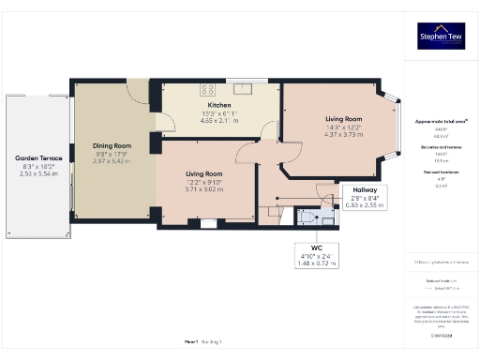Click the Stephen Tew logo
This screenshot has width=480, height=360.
pos(442,38)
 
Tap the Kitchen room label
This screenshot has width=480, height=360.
pos(218,106)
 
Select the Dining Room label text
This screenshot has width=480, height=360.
pos(112,146)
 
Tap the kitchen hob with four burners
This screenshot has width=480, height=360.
pos(203,90)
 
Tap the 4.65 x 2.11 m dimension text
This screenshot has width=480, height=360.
pos(218,121)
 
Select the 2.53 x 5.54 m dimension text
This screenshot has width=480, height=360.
pos(38,173)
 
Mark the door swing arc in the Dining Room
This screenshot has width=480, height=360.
pos(139,91)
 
